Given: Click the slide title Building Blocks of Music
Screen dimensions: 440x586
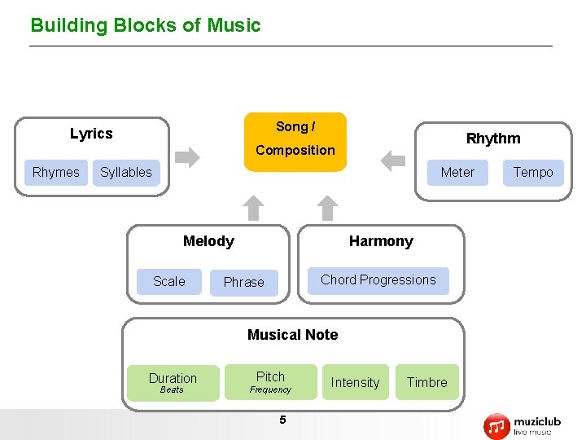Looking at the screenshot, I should coord(146,25).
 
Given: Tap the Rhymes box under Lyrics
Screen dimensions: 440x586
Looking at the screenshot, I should coord(55,173).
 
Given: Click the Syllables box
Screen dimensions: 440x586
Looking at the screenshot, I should coord(126,173).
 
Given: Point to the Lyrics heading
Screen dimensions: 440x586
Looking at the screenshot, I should coord(91,134).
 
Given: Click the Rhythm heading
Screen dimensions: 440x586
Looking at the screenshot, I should coord(492,139).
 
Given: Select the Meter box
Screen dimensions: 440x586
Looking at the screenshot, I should coord(457,173).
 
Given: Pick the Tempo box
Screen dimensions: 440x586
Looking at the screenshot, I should coord(533,173).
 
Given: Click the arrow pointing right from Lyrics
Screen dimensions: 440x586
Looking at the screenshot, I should coord(188,157).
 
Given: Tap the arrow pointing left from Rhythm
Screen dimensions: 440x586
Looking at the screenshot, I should coord(393,160).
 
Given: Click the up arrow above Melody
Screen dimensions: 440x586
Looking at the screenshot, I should coord(255,208).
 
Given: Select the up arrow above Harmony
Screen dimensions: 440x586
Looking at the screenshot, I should coord(326,208).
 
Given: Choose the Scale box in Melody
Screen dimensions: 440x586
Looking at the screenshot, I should coord(169,281).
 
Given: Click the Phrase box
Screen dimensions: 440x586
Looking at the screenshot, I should coord(244,283).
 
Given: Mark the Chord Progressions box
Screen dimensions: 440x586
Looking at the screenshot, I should coord(378,280).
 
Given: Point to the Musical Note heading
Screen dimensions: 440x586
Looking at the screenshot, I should coord(292,335).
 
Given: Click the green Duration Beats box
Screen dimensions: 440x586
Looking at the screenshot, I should coord(173,382).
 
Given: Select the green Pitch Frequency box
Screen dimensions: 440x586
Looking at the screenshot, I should coord(270,381).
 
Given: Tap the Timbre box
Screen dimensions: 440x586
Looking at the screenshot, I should coord(426,382).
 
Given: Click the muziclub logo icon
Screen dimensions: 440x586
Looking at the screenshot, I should coord(496,426).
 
